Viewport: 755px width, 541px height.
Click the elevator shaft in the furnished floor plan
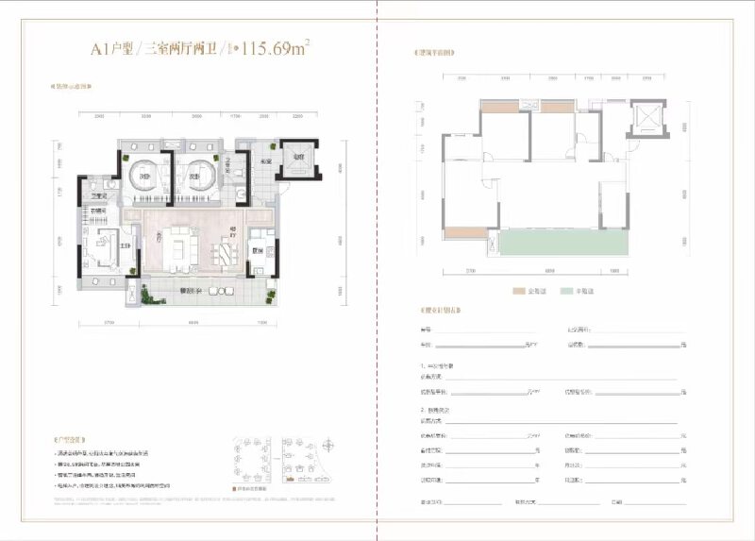[294, 161]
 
